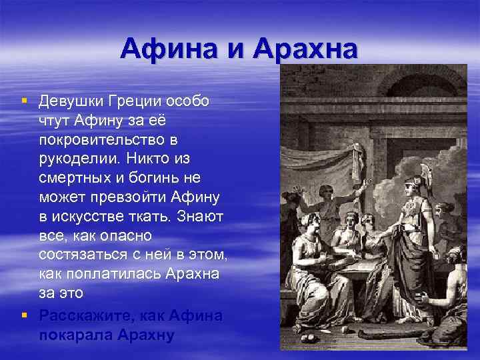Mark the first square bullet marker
tap(24, 101)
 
